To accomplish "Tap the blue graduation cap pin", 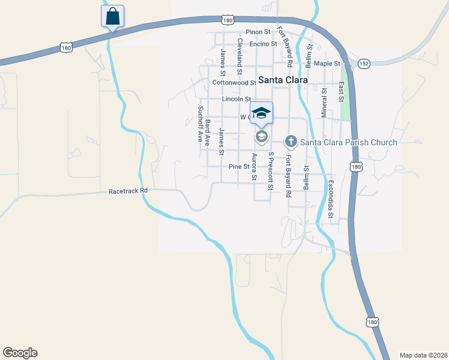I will pyautogui.click(x=261, y=113).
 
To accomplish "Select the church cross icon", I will pyautogui.click(x=291, y=142).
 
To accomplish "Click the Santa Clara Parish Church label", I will pyautogui.click(x=348, y=142).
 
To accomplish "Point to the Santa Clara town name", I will pyautogui.click(x=283, y=79).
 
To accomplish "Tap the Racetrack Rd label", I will pyautogui.click(x=128, y=191).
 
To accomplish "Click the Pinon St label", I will pyautogui.click(x=258, y=32).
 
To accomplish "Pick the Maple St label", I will pyautogui.click(x=327, y=63).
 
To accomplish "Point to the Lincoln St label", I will pyautogui.click(x=235, y=98).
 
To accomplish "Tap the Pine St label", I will pyautogui.click(x=238, y=166).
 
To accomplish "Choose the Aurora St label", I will pyautogui.click(x=255, y=167).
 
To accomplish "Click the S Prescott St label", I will pyautogui.click(x=271, y=172).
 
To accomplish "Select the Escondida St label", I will pyautogui.click(x=331, y=199).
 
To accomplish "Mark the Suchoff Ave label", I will pyautogui.click(x=201, y=124).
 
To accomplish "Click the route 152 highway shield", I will pyautogui.click(x=364, y=62).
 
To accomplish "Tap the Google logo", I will pyautogui.click(x=20, y=353).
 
